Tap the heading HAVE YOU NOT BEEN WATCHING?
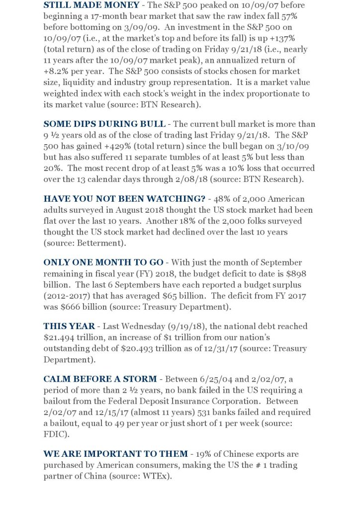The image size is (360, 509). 116,198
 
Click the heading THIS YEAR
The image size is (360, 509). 69,326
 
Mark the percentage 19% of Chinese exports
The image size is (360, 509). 210,454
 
